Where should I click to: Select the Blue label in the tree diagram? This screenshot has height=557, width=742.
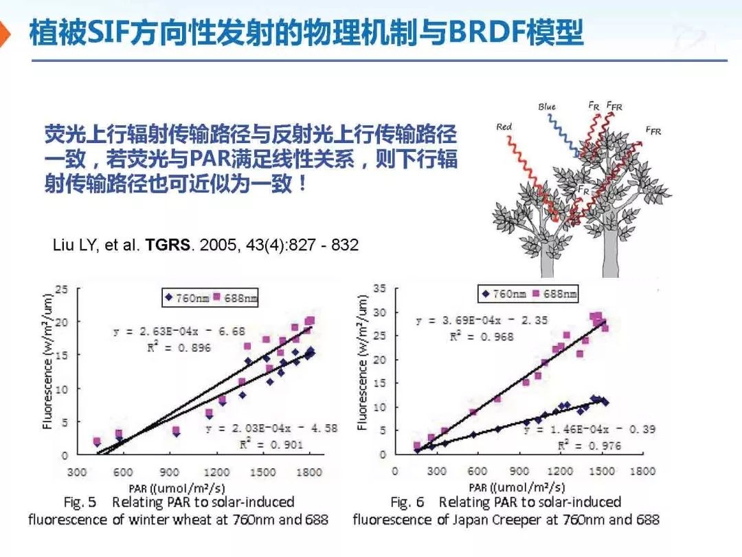[x=547, y=107]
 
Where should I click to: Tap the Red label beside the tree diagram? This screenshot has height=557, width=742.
[x=504, y=127]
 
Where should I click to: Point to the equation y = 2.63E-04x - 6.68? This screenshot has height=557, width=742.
[x=179, y=331]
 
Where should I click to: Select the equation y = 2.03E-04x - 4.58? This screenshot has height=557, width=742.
[x=272, y=428]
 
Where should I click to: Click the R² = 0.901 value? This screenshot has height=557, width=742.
[x=271, y=444]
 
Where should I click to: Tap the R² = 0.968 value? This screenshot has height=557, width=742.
[x=482, y=336]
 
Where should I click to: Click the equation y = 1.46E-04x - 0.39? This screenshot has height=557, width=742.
[x=589, y=429]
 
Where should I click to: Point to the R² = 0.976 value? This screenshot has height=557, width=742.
[x=589, y=446]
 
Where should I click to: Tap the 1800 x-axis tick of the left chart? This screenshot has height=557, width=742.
[x=310, y=472]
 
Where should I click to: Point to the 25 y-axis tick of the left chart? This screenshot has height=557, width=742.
[x=62, y=289]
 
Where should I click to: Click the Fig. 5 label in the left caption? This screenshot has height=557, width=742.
[x=80, y=503]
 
